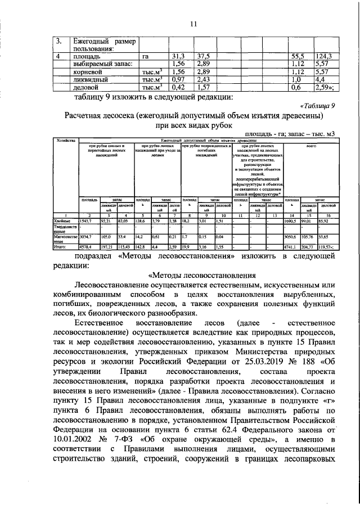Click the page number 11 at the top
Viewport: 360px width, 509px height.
(193, 23)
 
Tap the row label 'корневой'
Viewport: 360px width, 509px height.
(87, 72)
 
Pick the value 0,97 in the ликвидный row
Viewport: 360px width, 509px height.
(178, 80)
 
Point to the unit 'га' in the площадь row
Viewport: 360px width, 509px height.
(146, 56)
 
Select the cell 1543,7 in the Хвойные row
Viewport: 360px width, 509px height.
(85, 222)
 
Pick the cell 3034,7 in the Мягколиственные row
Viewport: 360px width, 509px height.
(85, 237)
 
